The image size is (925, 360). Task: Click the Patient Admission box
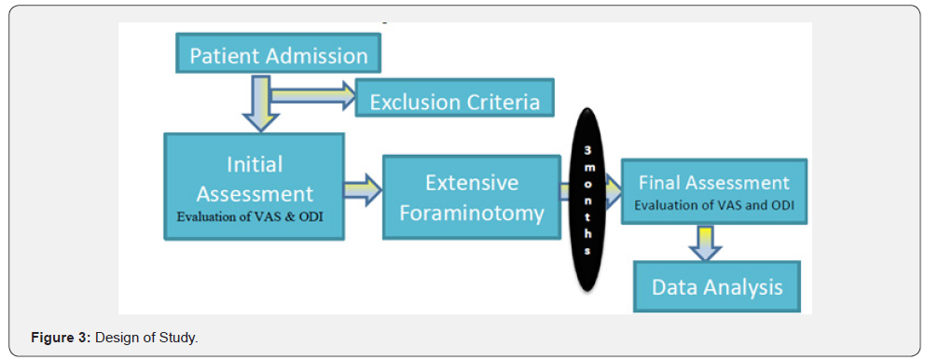tap(278, 54)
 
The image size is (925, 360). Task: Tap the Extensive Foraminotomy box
tap(471, 197)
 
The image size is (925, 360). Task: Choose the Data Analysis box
tap(716, 286)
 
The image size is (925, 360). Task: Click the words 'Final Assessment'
tap(713, 182)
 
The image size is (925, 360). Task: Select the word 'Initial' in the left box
tap(255, 164)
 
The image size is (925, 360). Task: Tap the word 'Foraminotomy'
tap(471, 213)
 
